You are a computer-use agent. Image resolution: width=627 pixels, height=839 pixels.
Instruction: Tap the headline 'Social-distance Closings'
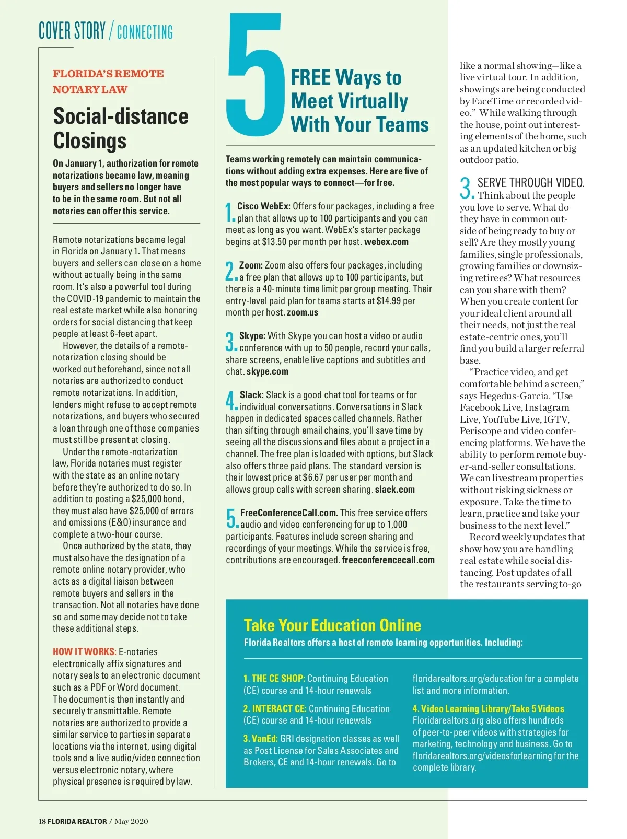120,128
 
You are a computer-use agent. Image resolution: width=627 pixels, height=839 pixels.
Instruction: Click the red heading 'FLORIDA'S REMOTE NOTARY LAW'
108,81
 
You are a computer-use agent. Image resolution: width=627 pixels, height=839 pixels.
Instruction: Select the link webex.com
386,242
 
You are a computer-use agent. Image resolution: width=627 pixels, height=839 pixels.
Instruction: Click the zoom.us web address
302,312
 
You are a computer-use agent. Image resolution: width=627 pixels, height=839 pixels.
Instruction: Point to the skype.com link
267,371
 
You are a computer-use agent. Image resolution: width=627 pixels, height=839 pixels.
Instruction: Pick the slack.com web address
394,490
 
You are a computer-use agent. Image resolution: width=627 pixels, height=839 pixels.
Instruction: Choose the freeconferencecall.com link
388,560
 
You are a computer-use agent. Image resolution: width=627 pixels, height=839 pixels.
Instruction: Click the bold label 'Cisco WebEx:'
263,206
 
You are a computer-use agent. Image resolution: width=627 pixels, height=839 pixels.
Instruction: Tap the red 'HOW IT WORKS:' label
84,651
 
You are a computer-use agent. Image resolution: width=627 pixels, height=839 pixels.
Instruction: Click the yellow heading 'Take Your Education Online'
332,625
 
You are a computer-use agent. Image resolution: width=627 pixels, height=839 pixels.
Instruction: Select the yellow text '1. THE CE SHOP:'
274,679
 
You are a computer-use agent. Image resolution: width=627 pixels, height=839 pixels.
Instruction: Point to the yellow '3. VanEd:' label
260,739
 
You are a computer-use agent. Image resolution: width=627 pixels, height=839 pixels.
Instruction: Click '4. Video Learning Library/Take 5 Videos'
488,709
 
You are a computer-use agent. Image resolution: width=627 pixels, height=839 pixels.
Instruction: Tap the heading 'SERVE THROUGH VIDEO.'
531,183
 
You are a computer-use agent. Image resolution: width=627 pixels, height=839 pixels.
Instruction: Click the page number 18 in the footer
42,821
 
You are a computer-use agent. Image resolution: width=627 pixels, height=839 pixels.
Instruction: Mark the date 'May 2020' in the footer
131,821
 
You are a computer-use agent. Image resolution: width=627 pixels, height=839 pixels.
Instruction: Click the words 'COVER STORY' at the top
72,31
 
